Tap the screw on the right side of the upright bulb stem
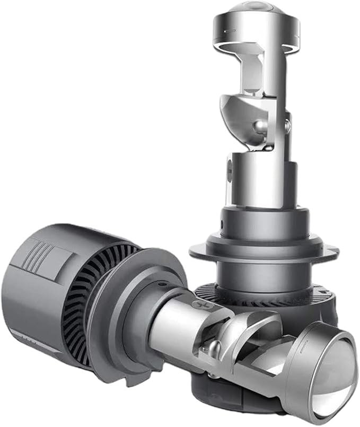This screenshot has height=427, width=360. (x=288, y=126)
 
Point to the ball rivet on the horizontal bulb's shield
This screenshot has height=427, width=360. (x=214, y=347)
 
